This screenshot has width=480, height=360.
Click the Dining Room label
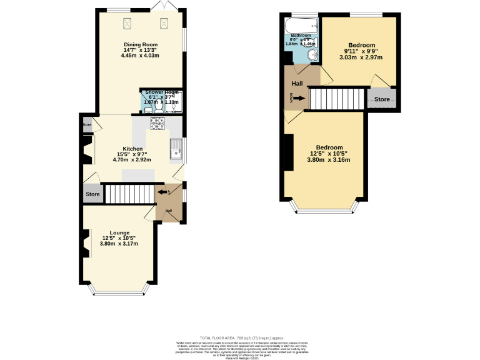pos(140,45)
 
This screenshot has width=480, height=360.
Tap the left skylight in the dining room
pos(129,24)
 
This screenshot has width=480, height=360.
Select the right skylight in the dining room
pos(166,24)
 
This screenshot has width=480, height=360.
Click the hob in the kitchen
pos(157,124)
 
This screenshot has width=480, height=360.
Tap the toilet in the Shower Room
pos(159,107)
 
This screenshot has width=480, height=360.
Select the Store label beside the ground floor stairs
pos(92,194)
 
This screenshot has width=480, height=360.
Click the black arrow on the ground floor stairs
pos(164,193)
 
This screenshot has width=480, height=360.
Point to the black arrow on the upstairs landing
pos(299,98)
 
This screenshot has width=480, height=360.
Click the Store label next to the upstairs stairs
pos(382,99)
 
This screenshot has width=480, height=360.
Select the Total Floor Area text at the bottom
pos(240,337)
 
